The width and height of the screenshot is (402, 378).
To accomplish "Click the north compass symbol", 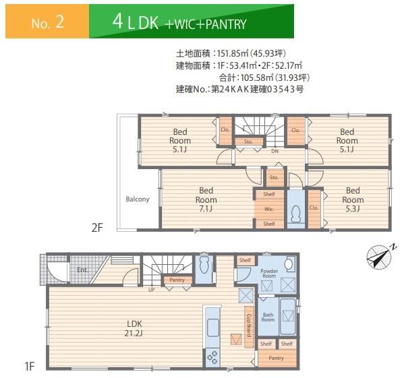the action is [380, 257].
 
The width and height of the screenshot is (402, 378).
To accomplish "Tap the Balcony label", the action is [138, 199].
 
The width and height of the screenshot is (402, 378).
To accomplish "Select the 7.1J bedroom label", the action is [206, 199].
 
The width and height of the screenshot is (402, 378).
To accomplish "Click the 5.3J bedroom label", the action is [353, 199].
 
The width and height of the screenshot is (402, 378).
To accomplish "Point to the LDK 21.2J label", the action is [134, 328].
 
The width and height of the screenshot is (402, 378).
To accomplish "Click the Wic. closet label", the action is [269, 210].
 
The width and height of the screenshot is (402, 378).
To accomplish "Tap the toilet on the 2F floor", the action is [295, 214].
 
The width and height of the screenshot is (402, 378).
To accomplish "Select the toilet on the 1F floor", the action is [204, 265].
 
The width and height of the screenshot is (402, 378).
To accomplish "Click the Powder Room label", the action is [269, 274].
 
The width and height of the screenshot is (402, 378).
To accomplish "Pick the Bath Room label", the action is [268, 317].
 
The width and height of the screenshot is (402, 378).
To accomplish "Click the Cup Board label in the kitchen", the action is [249, 325].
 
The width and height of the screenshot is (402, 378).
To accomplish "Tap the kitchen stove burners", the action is [212, 357].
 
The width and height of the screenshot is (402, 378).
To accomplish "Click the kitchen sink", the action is [212, 327].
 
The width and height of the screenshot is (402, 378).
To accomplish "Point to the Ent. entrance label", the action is [82, 270].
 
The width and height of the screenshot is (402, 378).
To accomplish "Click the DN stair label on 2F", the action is [275, 152].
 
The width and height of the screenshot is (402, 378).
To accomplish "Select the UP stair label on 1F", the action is [151, 290].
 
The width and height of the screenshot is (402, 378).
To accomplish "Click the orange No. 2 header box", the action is [47, 22].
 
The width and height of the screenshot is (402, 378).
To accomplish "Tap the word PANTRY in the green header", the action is [226, 24].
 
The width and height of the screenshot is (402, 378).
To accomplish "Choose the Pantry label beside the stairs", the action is [177, 280].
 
